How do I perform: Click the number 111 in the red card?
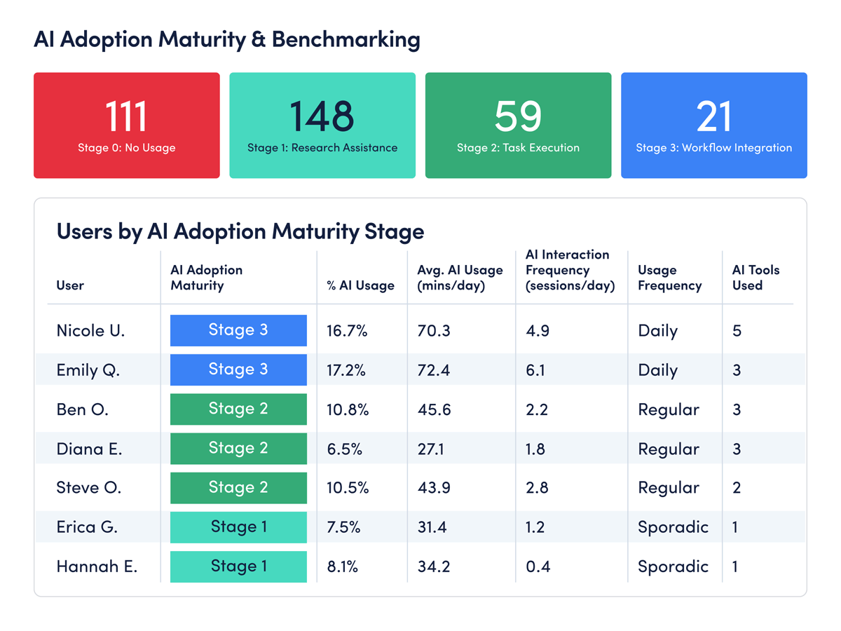(x=126, y=117)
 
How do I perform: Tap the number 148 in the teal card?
(x=322, y=117)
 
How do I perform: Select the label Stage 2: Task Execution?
(x=518, y=148)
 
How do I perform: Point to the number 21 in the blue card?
(x=713, y=117)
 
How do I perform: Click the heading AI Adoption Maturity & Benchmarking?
(x=227, y=40)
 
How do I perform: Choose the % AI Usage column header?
(x=360, y=285)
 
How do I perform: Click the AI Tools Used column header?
(x=755, y=278)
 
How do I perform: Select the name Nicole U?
(x=90, y=330)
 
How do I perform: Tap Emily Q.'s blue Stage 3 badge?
(x=238, y=369)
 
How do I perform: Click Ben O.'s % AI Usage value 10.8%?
(x=348, y=409)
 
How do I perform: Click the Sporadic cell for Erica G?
(x=673, y=527)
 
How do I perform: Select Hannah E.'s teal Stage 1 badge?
(x=238, y=566)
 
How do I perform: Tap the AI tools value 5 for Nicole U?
(x=737, y=330)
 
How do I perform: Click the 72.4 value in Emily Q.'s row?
(x=433, y=369)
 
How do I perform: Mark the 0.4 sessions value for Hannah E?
(x=538, y=566)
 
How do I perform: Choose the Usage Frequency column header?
(x=669, y=278)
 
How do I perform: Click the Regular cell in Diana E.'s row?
(x=668, y=449)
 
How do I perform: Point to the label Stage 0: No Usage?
(x=126, y=148)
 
